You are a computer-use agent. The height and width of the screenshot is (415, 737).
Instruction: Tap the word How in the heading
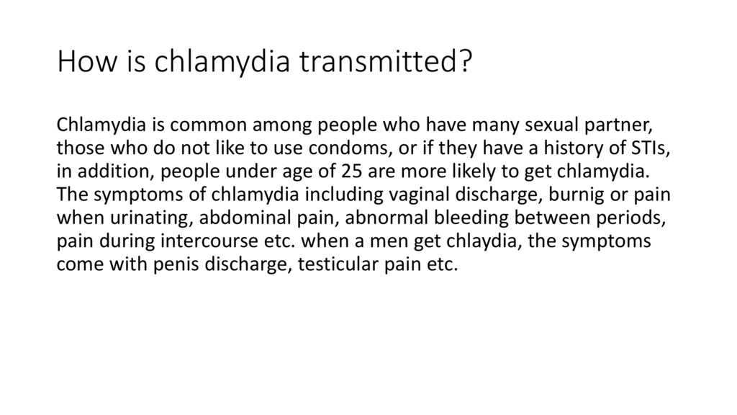pyautogui.click(x=80, y=63)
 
